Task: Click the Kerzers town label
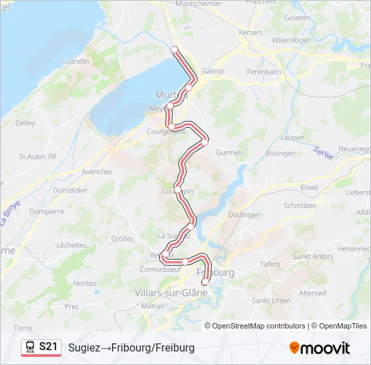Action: point(250,32)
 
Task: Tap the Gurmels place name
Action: point(229,153)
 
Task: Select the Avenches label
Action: point(97,172)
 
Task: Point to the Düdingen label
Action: point(244,215)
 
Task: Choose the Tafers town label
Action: point(270,264)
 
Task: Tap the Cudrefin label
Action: point(75,62)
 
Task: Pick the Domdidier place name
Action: point(70,191)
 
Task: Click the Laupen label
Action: point(292,137)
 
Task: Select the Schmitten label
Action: point(300,205)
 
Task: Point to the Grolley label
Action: point(123,239)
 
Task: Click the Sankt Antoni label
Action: point(312,256)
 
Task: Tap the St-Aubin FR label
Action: point(38,156)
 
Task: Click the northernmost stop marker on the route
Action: point(174,49)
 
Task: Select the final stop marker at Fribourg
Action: point(205,282)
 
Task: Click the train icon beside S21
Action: point(30,347)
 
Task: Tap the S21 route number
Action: point(48,347)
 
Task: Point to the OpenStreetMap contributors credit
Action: point(259,326)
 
